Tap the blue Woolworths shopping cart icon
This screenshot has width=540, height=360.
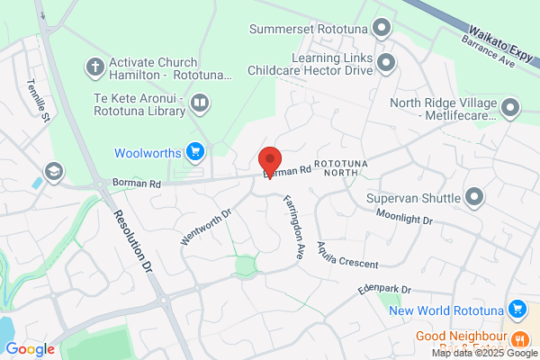pyautogui.click(x=194, y=151)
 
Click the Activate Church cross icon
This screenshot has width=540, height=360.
pyautogui.click(x=94, y=66)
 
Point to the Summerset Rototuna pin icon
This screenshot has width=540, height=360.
pyautogui.click(x=383, y=27)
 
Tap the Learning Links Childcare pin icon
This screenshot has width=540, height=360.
pyautogui.click(x=387, y=64)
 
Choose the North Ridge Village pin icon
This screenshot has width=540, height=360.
pyautogui.click(x=510, y=109)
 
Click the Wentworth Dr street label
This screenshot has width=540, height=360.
pyautogui.click(x=208, y=228)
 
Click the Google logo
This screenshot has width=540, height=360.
pyautogui.click(x=30, y=348)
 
